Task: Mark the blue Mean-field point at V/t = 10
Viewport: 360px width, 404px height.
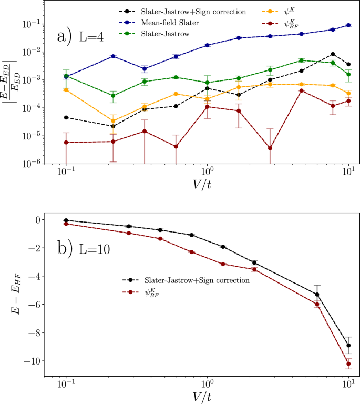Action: point(348,25)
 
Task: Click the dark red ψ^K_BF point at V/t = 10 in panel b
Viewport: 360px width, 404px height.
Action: point(348,363)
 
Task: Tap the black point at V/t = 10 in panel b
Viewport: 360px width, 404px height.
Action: point(348,346)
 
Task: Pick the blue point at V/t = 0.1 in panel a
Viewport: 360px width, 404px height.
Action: point(66,77)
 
